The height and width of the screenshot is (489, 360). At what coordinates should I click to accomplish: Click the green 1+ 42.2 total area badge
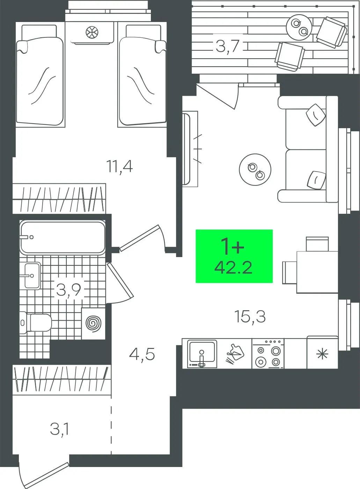tap(234, 256)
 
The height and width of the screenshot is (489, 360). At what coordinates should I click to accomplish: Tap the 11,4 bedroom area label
tap(119, 167)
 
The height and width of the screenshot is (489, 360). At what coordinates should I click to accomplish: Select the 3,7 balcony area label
tap(227, 46)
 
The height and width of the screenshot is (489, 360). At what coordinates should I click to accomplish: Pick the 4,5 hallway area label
tap(142, 354)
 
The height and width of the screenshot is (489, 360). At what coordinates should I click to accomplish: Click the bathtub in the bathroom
tap(63, 238)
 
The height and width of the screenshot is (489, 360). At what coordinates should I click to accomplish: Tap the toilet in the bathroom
tap(35, 323)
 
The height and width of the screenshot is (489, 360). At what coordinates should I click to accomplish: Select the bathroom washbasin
tap(32, 276)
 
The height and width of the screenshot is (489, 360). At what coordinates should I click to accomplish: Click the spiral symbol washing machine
tap(93, 323)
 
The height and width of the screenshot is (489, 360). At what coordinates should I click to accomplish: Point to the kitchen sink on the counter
tap(202, 354)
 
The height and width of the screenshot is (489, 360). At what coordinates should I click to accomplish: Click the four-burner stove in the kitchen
tap(268, 353)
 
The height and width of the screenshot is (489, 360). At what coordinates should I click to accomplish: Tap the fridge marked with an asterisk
tap(323, 352)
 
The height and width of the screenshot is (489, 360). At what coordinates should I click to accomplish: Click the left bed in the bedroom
tap(41, 75)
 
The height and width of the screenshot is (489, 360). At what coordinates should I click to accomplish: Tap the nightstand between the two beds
tap(91, 33)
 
